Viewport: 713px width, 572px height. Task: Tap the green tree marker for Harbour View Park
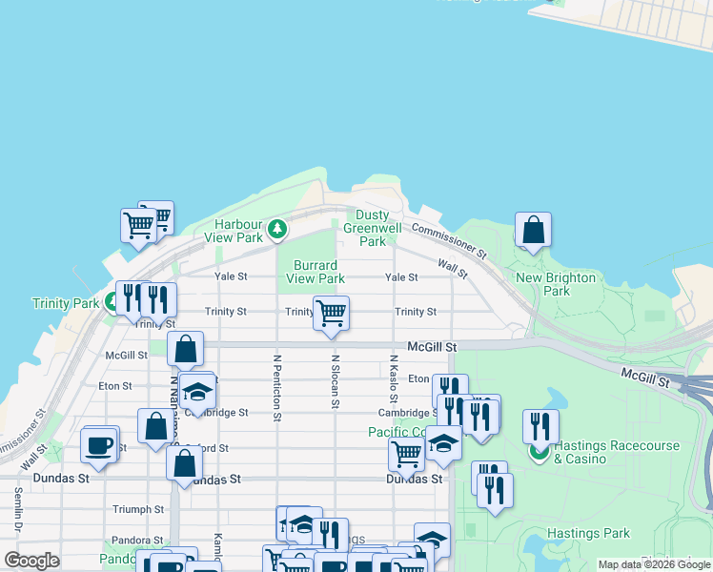point(276,228)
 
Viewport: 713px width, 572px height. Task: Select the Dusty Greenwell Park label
point(373,229)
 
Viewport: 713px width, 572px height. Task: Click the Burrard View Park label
point(318,272)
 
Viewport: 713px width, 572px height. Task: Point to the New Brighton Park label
point(556,284)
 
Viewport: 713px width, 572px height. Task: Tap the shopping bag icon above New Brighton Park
point(534,229)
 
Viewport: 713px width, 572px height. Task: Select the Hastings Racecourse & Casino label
point(604,452)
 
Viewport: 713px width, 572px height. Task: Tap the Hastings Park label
point(589,534)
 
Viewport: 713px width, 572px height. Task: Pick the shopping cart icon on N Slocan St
point(331,313)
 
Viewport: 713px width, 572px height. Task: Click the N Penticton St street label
point(276,388)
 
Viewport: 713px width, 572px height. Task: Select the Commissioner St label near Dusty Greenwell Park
point(448,241)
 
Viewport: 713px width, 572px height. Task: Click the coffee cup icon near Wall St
point(99,444)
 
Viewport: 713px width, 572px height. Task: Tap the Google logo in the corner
point(31,561)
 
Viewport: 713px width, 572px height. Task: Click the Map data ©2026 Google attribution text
point(654,565)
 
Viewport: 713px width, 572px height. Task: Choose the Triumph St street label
point(139,510)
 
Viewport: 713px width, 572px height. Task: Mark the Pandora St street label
point(131,540)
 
